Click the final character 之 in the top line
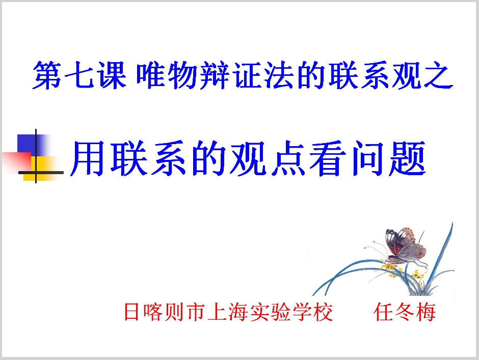tap(439, 76)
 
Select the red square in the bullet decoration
tap(15, 162)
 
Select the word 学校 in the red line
tap(312, 312)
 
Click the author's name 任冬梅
tap(405, 312)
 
